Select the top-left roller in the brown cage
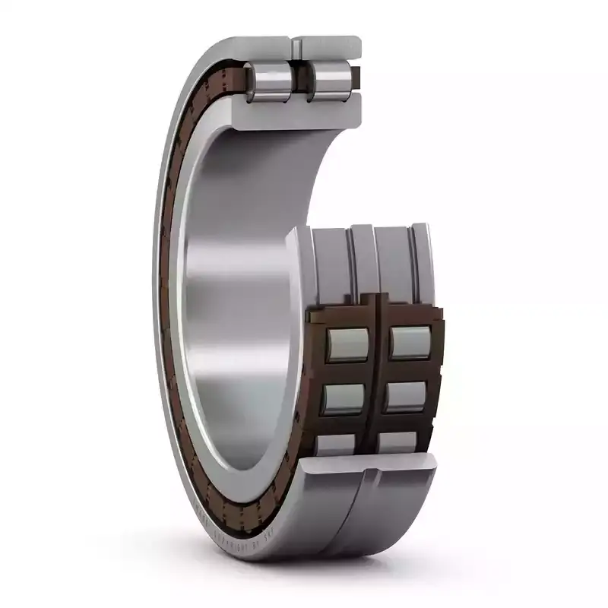coord(347,344)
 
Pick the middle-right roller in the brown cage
coord(405,395)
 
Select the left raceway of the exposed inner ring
coord(331,262)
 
